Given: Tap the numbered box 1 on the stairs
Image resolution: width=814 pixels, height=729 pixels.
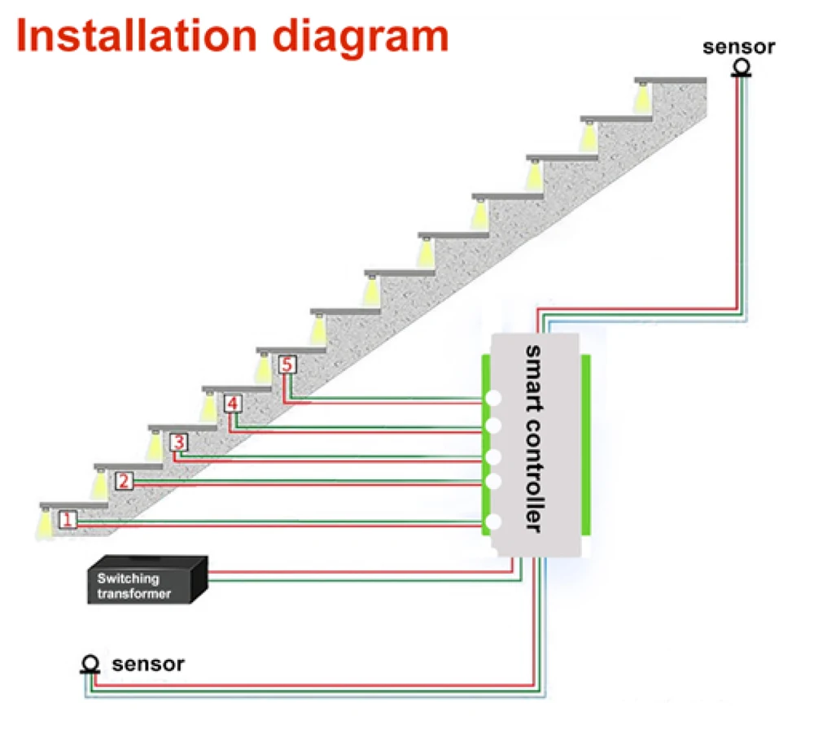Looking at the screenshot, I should (68, 518).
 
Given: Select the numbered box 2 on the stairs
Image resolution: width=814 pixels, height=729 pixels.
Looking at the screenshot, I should (123, 481).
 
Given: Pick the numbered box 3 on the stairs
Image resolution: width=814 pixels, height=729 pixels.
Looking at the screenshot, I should (178, 442).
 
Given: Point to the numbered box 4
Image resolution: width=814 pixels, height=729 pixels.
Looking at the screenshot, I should (233, 404).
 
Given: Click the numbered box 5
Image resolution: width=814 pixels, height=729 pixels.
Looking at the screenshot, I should (286, 365).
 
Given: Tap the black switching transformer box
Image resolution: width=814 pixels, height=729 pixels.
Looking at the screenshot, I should (147, 581).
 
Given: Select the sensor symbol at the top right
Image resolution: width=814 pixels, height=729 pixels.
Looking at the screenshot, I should (740, 67).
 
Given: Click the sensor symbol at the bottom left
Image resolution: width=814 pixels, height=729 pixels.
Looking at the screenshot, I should (91, 665).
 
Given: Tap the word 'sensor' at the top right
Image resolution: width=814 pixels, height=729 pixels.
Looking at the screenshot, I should (739, 46).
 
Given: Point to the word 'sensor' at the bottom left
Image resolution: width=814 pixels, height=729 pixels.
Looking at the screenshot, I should (148, 664).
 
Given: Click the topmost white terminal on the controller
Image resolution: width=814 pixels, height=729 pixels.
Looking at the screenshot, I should (493, 399).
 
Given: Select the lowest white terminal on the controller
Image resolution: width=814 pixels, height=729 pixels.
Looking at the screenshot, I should (492, 522).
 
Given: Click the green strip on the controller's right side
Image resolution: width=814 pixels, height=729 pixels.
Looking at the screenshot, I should (585, 444).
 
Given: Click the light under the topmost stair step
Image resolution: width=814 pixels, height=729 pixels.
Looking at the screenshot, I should (642, 98).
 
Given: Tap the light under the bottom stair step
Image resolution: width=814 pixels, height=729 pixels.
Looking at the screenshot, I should (45, 521).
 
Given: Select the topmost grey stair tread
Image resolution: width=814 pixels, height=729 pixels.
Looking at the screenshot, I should (672, 79).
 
